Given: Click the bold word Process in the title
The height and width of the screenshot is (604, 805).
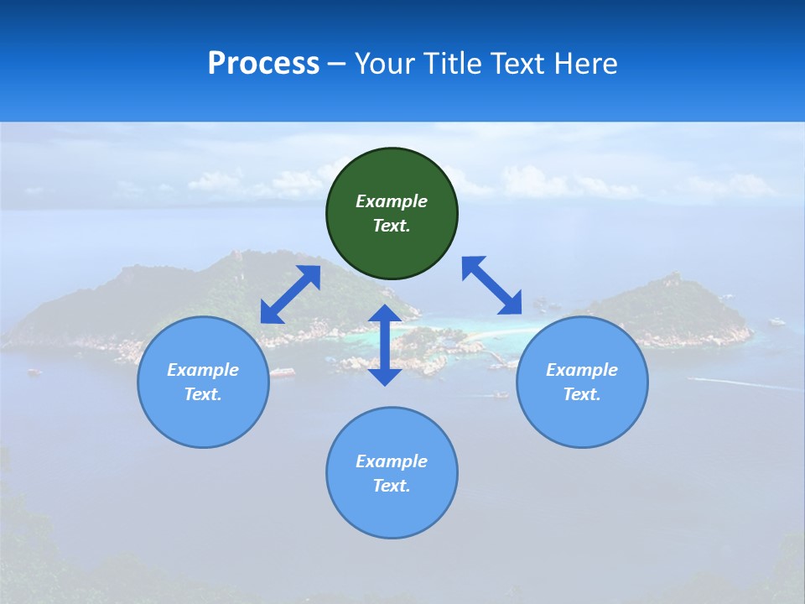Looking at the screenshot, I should pyautogui.click(x=263, y=64).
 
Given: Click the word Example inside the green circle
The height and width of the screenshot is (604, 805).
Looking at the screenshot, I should pyautogui.click(x=392, y=201).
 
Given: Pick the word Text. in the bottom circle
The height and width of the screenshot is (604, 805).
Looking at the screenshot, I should pyautogui.click(x=392, y=486).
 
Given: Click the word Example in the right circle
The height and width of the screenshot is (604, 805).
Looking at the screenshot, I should pyautogui.click(x=582, y=370).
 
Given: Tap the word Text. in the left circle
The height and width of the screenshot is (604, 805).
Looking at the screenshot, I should pyautogui.click(x=203, y=394).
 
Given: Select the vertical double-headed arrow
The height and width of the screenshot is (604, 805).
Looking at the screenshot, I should pyautogui.click(x=385, y=345).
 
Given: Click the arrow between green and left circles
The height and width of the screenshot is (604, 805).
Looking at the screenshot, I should pyautogui.click(x=290, y=294).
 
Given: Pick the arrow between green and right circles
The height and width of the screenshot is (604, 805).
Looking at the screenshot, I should pyautogui.click(x=491, y=285).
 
